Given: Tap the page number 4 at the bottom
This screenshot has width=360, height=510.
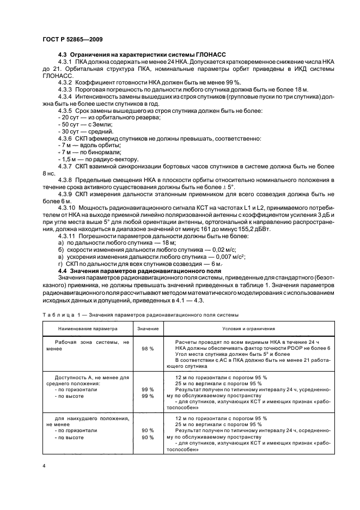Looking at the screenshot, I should point(44,466).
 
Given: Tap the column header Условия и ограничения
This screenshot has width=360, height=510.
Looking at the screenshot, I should point(248,329).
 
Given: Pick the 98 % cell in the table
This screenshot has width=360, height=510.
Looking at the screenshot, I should point(148,348).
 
